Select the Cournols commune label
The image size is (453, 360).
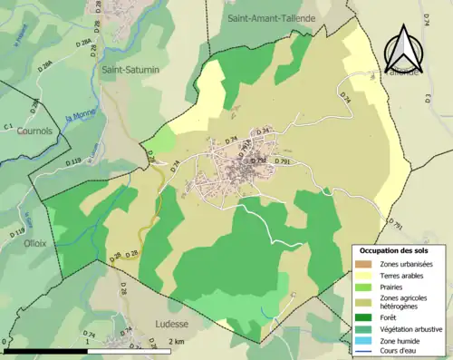[x=34, y=131]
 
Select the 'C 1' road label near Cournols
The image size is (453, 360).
[x=9, y=126]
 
